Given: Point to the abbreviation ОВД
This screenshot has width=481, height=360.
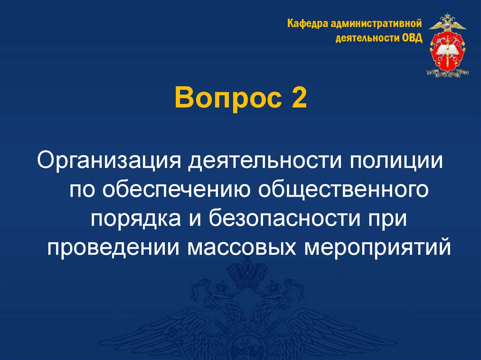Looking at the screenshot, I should pos(411,38).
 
